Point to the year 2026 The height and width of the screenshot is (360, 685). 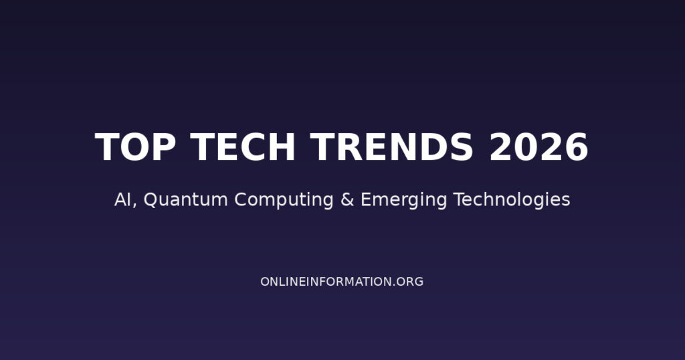(539, 148)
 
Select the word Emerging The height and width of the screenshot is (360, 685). (403, 199)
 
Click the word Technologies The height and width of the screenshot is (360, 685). (511, 199)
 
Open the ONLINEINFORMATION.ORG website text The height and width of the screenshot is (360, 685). (342, 282)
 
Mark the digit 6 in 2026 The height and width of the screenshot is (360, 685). (576, 148)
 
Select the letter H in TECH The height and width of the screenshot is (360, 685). (280, 148)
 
